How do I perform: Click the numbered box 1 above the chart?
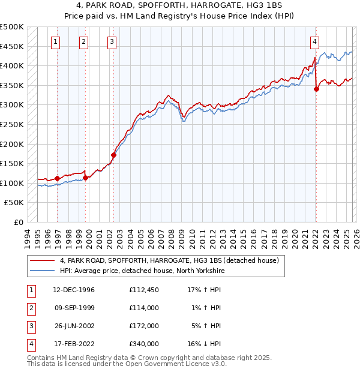click(55, 41)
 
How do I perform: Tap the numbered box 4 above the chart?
click(314, 41)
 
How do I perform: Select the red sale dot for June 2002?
click(113, 155)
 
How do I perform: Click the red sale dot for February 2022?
click(316, 89)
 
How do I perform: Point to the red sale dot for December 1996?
click(57, 178)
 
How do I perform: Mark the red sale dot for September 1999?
click(85, 178)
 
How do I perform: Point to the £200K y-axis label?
click(12, 144)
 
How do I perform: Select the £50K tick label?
click(14, 203)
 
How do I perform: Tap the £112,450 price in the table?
click(143, 290)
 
